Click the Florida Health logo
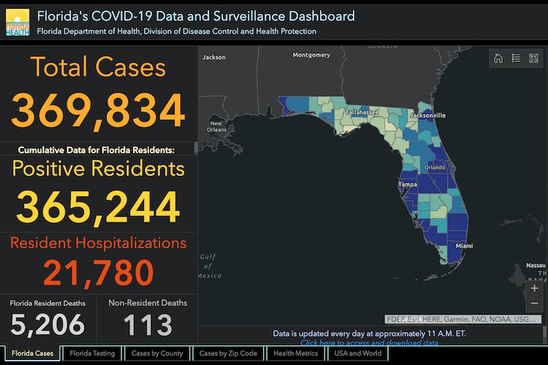pos(18,22)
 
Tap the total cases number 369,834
pos(98,111)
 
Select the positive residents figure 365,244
pos(98,207)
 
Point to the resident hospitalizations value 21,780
pos(98,272)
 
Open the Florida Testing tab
pos(92,353)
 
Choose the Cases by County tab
pos(157,353)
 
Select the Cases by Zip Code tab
pos(228,353)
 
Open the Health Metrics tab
pos(295,353)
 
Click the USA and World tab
pos(357,353)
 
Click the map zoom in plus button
pos(534,288)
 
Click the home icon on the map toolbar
pos(498,59)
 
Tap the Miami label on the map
pos(465,246)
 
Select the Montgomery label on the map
pos(311,55)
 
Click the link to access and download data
pos(369,342)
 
